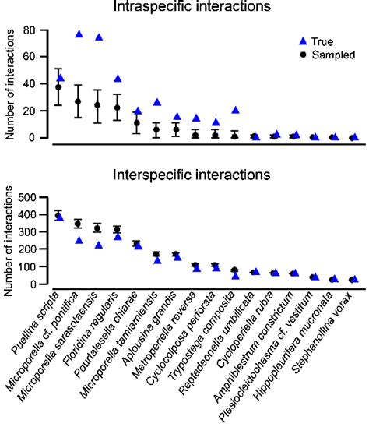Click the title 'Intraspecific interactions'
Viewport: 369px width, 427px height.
coord(202,8)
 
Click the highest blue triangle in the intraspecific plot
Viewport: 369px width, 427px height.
coord(79,34)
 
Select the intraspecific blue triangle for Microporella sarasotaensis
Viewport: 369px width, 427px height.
coord(99,37)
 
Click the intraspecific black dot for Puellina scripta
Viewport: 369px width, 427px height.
coord(58,87)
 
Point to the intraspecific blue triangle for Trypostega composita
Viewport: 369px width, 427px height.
coord(235,110)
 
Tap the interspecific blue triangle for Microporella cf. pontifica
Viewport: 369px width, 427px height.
coord(79,240)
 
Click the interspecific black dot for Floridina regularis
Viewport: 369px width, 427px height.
coord(118,230)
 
